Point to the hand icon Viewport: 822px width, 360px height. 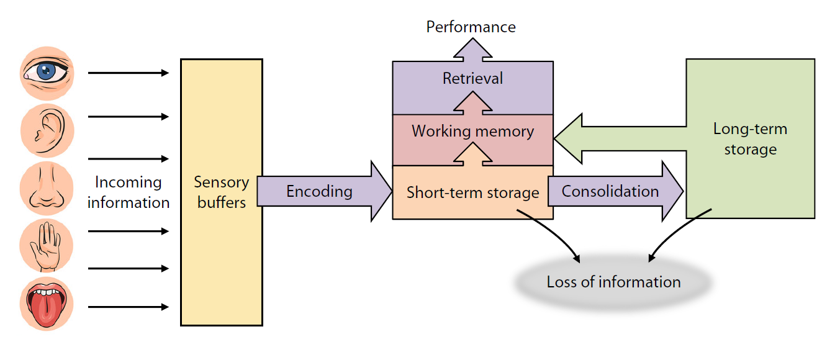(x=47, y=248)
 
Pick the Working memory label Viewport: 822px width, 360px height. (x=472, y=132)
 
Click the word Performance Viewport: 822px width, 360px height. (x=471, y=27)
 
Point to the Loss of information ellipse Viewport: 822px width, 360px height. (x=613, y=282)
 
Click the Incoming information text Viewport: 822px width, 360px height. (x=129, y=192)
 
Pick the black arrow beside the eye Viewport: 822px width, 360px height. (x=128, y=73)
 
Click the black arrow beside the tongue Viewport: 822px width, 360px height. (x=128, y=307)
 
